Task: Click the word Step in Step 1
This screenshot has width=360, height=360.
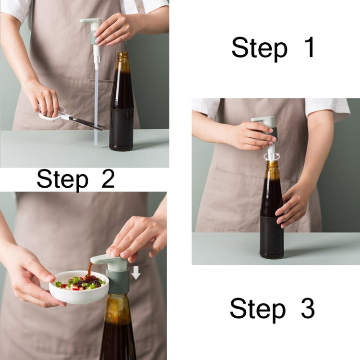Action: (259, 49)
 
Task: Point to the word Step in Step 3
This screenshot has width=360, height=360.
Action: (257, 309)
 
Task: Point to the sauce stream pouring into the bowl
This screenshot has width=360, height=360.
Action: (89, 270)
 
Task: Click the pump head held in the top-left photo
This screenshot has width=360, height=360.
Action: (92, 24)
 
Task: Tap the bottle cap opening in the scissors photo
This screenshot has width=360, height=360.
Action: (123, 55)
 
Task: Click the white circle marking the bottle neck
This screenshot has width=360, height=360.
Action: (272, 156)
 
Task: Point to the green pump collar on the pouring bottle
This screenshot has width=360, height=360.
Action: (118, 281)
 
